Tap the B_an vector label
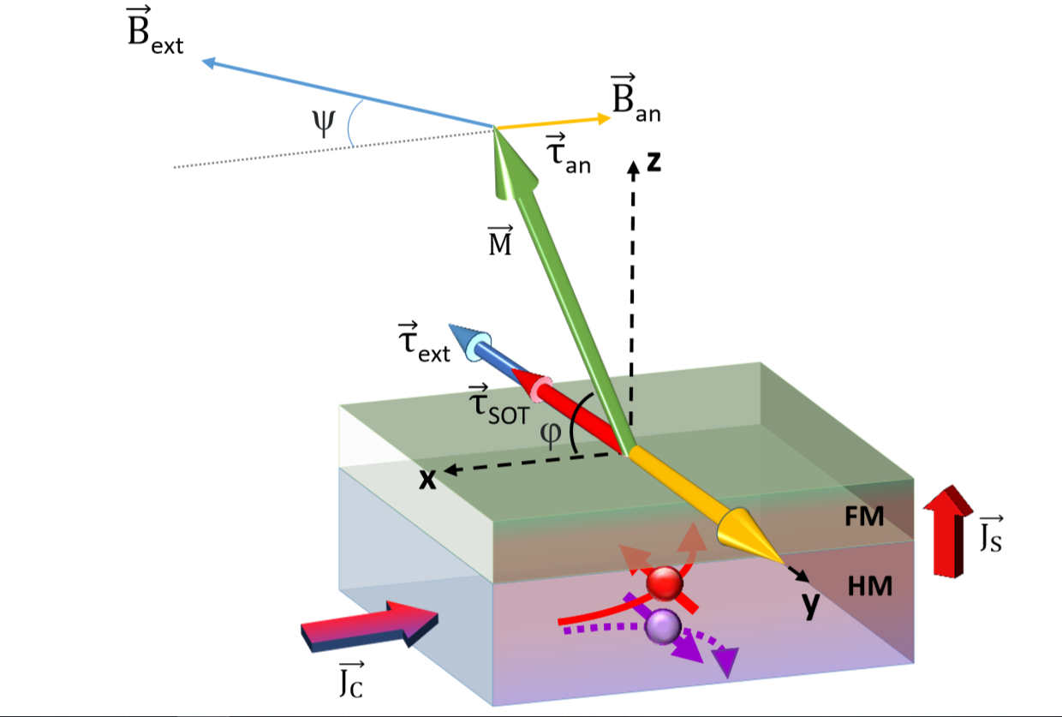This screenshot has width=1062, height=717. (x=635, y=99)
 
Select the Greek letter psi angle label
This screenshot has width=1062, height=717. (x=324, y=122)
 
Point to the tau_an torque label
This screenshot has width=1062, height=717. (x=568, y=153)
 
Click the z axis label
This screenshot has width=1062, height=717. (x=654, y=162)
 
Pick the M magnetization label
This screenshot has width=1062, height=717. (x=500, y=241)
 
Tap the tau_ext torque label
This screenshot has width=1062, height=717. (x=423, y=343)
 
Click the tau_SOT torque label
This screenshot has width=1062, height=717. (x=498, y=404)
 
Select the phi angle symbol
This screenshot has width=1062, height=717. (x=551, y=433)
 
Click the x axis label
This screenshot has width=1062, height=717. (x=427, y=480)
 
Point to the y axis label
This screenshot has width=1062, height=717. (x=811, y=605)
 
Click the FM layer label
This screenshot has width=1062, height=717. (x=864, y=517)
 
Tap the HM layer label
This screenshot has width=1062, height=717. (x=870, y=586)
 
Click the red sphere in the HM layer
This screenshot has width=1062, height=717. (x=665, y=583)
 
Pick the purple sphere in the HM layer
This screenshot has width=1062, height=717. (x=663, y=627)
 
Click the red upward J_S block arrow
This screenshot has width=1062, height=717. (x=948, y=531)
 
